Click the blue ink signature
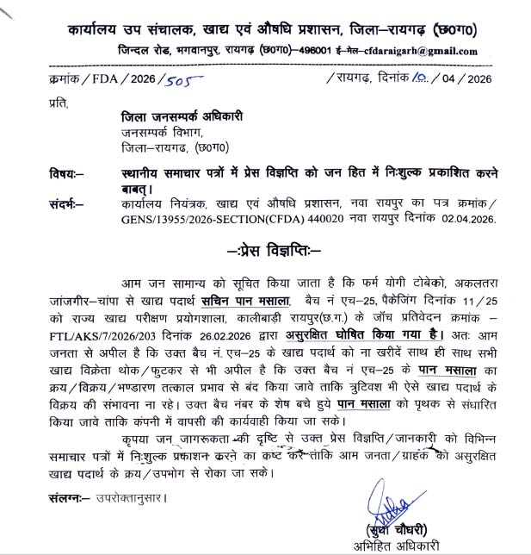click(x=395, y=505)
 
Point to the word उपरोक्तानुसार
click(x=127, y=498)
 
